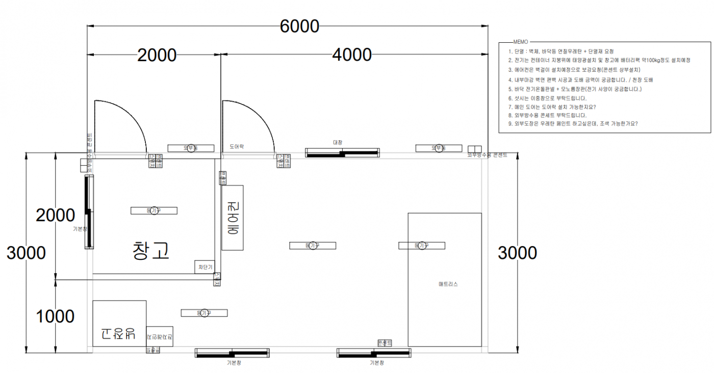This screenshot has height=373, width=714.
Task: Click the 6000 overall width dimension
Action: [x=299, y=26]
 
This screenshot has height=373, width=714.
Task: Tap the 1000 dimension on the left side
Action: [x=55, y=316]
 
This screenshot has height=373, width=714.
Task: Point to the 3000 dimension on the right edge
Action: [x=517, y=253]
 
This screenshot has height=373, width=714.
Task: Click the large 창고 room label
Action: [x=150, y=251]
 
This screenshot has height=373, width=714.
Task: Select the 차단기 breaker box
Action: [x=205, y=267]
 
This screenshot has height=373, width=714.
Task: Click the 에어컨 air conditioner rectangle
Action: [x=232, y=218]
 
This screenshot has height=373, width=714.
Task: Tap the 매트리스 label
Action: [x=448, y=284]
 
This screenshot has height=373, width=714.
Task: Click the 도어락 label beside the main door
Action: [x=237, y=147]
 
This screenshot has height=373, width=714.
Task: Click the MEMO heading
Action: [x=521, y=42]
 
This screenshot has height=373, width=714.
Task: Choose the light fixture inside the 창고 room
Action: [x=154, y=210]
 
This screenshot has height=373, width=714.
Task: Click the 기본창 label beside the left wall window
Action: [x=81, y=229]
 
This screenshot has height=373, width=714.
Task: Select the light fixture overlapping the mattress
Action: [x=422, y=246]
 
